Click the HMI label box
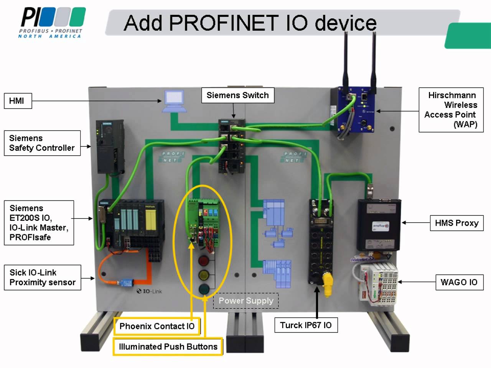point(18,101)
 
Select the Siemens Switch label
point(237,95)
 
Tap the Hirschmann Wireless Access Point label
point(451,110)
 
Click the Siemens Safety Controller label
point(42,143)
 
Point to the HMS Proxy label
point(456,223)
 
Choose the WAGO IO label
point(459,283)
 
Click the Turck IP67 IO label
point(306,325)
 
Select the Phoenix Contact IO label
point(157,326)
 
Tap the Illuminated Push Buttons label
point(168,347)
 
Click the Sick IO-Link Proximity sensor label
point(42,278)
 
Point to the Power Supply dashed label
point(246,301)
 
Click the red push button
point(203,261)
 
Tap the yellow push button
point(204,275)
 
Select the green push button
point(204,289)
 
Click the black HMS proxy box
point(379,225)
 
